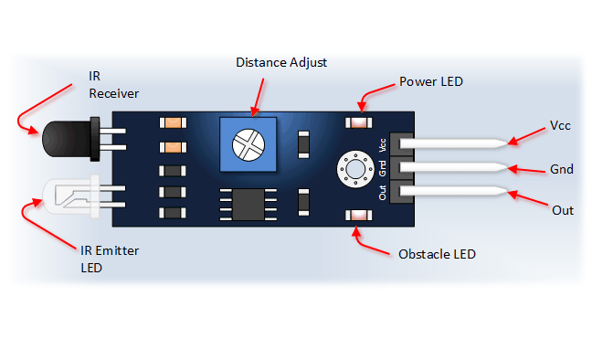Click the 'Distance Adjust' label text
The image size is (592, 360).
click(x=280, y=63)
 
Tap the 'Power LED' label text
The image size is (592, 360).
click(x=431, y=81)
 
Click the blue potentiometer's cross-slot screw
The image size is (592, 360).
click(x=248, y=143)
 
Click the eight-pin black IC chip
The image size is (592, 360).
click(x=244, y=202)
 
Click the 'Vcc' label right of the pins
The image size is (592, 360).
click(x=560, y=125)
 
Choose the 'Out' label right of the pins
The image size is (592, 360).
click(x=563, y=210)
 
